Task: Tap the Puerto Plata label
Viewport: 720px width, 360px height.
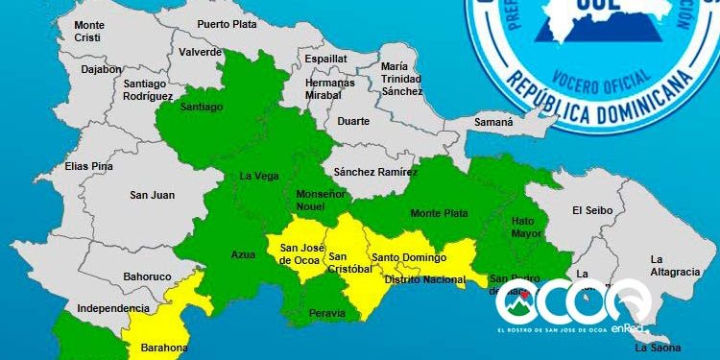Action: [228, 24]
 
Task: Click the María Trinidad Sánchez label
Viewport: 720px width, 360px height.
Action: [401, 78]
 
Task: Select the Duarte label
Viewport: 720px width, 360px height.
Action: [352, 122]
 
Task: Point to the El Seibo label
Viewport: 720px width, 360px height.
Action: [591, 210]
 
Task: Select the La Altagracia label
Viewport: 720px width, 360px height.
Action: [675, 265]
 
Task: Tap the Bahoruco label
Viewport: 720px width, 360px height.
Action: [149, 276]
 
